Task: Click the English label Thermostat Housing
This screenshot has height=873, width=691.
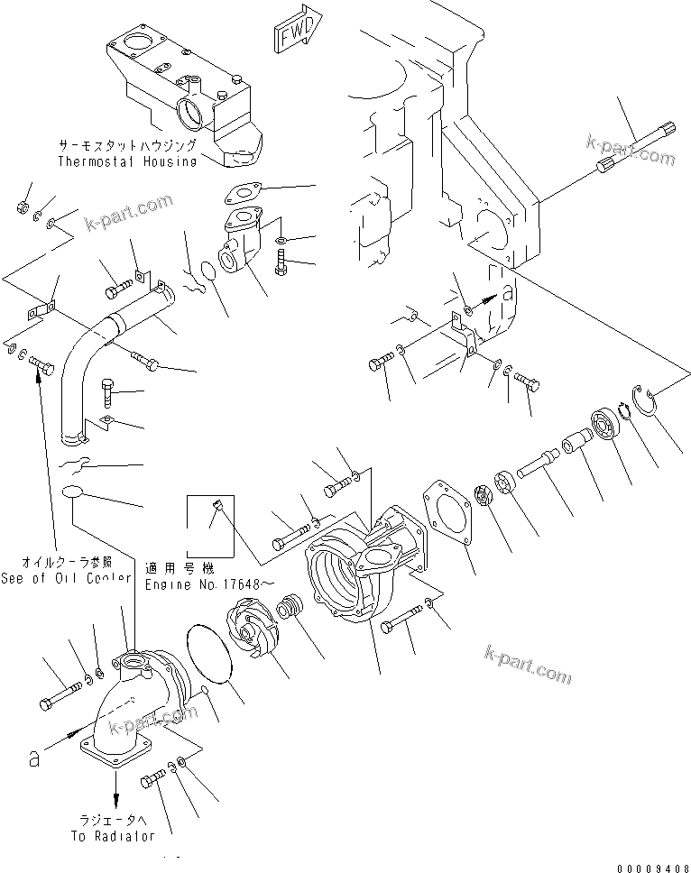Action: (x=127, y=161)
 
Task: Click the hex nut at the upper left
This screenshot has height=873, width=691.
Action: (x=19, y=209)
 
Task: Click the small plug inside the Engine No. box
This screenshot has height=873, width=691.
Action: (x=217, y=506)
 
